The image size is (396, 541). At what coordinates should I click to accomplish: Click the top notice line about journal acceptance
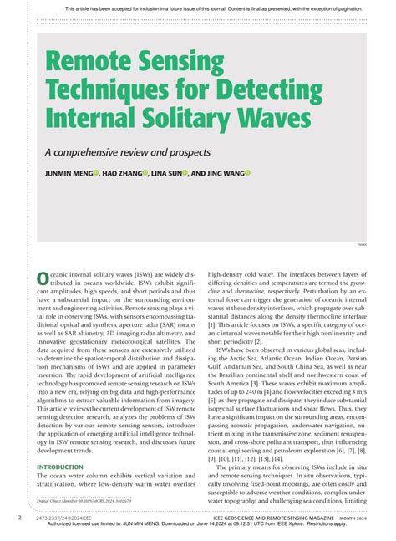pos(197,9)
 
